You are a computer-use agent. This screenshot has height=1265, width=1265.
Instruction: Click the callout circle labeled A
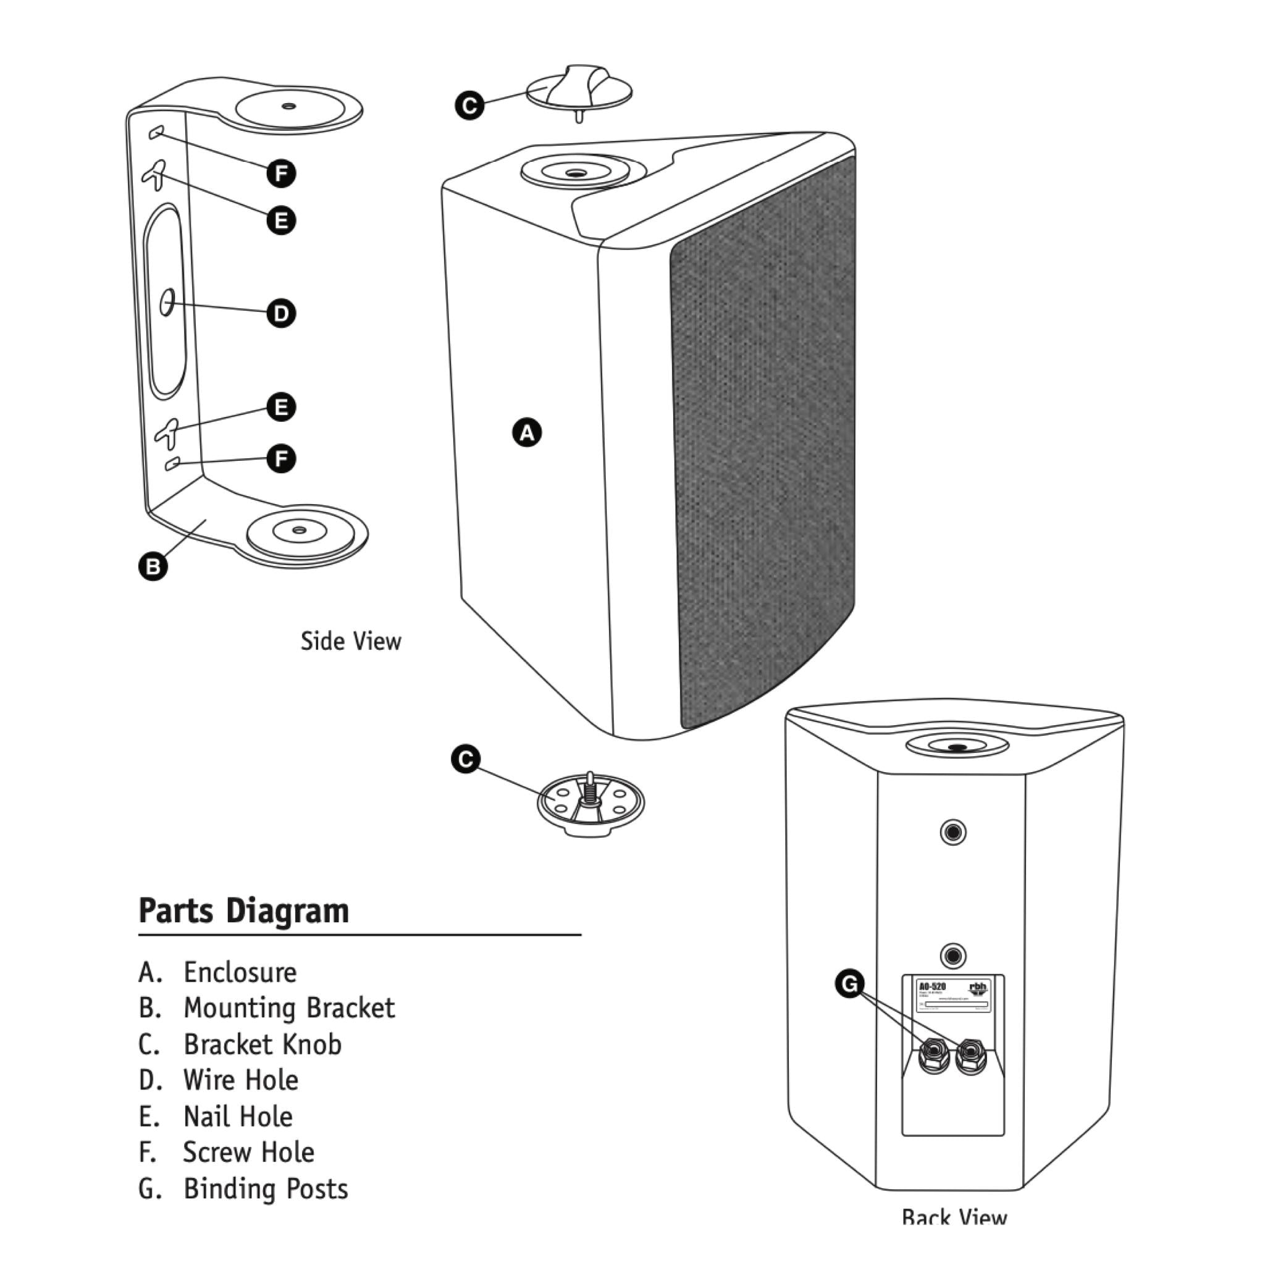click(x=527, y=433)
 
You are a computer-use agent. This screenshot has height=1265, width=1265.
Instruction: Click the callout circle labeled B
click(x=153, y=566)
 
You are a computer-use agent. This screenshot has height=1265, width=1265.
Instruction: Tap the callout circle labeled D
click(x=281, y=313)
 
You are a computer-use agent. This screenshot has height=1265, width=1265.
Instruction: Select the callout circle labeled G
click(x=849, y=983)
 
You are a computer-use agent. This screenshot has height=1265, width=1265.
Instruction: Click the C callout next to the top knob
click(x=469, y=106)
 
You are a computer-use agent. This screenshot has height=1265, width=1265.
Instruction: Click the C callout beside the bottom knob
click(x=466, y=759)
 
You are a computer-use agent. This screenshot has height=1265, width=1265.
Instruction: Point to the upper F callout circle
click(x=281, y=174)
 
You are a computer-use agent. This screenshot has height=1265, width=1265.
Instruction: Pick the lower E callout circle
click(x=281, y=407)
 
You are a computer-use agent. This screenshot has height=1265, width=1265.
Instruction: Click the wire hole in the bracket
click(x=167, y=303)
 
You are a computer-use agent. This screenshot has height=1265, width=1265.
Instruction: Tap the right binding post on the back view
click(x=970, y=1055)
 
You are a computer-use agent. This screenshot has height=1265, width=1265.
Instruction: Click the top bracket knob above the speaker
click(x=579, y=88)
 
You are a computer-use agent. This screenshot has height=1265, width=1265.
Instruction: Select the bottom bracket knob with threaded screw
click(x=590, y=804)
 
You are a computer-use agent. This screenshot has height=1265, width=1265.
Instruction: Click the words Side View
click(x=350, y=641)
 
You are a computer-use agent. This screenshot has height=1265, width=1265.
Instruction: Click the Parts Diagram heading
click(x=243, y=911)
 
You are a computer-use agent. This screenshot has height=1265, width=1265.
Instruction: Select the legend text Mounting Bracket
click(x=288, y=1007)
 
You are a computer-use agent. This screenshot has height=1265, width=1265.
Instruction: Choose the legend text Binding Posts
click(x=265, y=1188)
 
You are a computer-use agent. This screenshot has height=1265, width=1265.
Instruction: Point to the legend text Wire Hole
click(x=240, y=1080)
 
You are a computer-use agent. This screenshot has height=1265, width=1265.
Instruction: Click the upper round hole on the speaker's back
click(x=952, y=833)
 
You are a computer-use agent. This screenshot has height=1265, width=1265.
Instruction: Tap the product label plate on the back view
click(x=953, y=995)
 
